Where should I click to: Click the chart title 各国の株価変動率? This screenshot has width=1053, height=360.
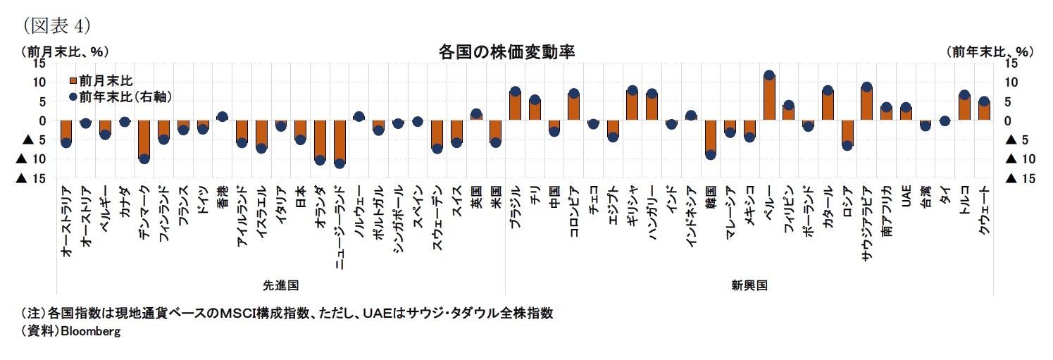(x=506, y=53)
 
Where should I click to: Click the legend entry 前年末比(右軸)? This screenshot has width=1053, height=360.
(x=125, y=96)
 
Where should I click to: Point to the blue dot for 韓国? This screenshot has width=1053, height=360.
(x=710, y=155)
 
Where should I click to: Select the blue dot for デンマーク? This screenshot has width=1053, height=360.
(x=144, y=159)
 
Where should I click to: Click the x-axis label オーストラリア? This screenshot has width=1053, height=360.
(x=66, y=220)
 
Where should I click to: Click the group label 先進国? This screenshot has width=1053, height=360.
(x=280, y=285)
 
